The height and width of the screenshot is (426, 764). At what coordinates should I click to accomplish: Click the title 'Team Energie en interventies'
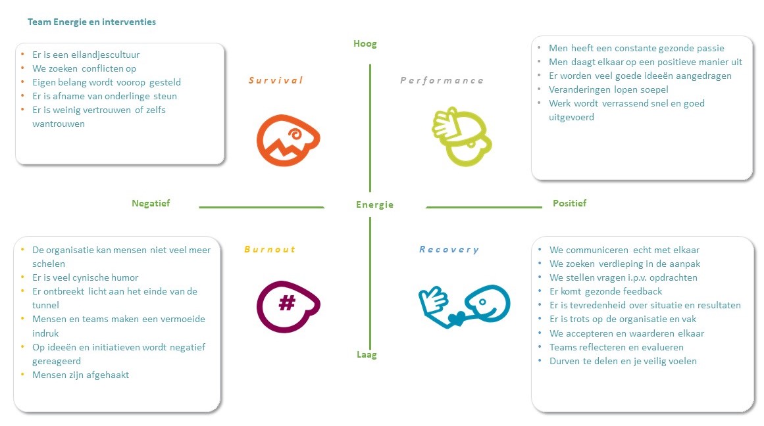click(x=91, y=22)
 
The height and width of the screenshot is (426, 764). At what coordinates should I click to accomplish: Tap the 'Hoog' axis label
click(x=365, y=44)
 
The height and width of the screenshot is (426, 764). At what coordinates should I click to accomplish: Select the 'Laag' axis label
click(x=367, y=355)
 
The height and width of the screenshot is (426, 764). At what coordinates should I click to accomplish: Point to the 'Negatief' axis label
click(x=151, y=203)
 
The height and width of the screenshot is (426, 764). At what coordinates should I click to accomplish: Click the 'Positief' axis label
click(x=569, y=203)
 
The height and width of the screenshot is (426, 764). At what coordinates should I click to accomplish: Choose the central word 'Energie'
click(x=374, y=204)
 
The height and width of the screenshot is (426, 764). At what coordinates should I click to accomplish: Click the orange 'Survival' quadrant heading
click(x=276, y=80)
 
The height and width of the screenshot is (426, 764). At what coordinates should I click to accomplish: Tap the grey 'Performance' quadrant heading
click(x=442, y=80)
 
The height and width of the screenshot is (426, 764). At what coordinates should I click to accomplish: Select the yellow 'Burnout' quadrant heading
click(x=269, y=249)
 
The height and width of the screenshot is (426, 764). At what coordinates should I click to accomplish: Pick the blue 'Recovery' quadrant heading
click(x=449, y=249)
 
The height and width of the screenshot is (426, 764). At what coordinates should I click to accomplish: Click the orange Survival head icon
click(x=287, y=140)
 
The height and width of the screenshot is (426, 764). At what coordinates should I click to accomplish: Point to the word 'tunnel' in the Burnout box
click(x=45, y=305)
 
